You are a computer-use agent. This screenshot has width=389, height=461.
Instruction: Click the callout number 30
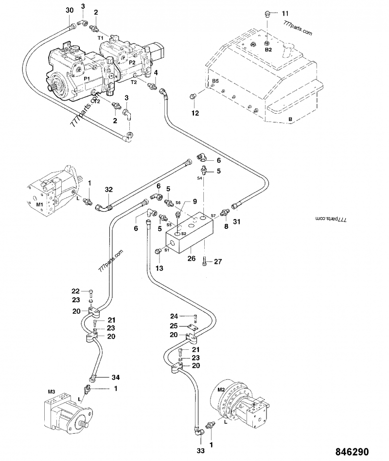[70, 10]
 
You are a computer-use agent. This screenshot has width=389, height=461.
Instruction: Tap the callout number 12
[195, 113]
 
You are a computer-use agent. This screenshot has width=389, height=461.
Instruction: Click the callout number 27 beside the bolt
[218, 262]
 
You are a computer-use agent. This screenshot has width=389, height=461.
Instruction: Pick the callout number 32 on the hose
[108, 189]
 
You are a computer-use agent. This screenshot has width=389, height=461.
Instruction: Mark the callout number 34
[115, 377]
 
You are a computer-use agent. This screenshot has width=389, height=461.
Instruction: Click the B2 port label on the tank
[268, 50]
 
